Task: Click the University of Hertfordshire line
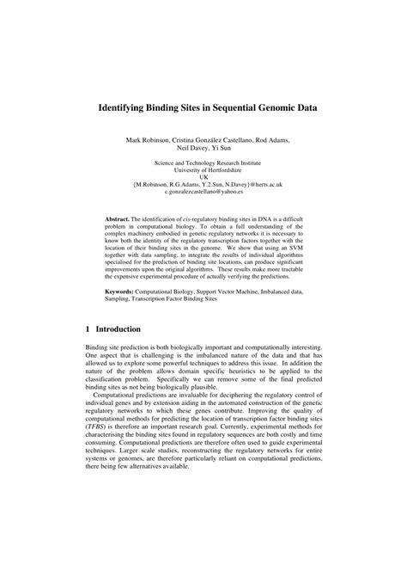pyautogui.click(x=203, y=169)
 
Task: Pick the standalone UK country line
pyautogui.click(x=203, y=177)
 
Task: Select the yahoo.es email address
pyautogui.click(x=203, y=192)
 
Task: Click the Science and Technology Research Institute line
pyautogui.click(x=203, y=162)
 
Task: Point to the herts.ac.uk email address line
pyautogui.click(x=203, y=185)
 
